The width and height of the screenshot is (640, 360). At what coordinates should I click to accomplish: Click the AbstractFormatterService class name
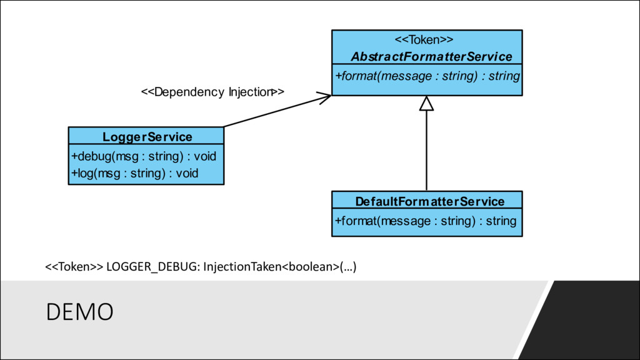coord(431,56)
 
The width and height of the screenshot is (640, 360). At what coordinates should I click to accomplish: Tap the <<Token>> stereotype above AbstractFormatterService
coord(424,39)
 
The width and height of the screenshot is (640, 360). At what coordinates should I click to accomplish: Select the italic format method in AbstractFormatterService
coord(427,76)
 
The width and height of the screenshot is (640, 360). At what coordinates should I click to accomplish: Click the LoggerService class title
coord(147,137)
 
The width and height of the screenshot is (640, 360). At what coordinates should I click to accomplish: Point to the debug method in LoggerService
coord(144,156)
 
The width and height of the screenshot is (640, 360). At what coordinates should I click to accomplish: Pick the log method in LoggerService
coord(135,174)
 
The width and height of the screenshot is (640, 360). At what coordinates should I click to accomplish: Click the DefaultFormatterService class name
coord(430,201)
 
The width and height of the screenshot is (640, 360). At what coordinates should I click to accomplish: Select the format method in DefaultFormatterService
coord(426,221)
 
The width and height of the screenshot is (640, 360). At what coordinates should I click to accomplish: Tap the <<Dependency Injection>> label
coord(212,92)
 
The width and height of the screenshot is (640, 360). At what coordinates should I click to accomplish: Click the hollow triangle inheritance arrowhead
coord(426,104)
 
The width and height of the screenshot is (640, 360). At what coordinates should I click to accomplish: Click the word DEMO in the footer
coord(79,312)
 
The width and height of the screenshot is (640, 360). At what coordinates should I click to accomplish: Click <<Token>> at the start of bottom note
coord(74,267)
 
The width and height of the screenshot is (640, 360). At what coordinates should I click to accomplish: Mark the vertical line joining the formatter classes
coord(426,151)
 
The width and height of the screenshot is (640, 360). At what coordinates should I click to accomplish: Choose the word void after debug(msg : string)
coord(205,156)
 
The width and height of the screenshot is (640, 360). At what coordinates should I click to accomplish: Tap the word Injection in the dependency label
coord(251,92)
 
